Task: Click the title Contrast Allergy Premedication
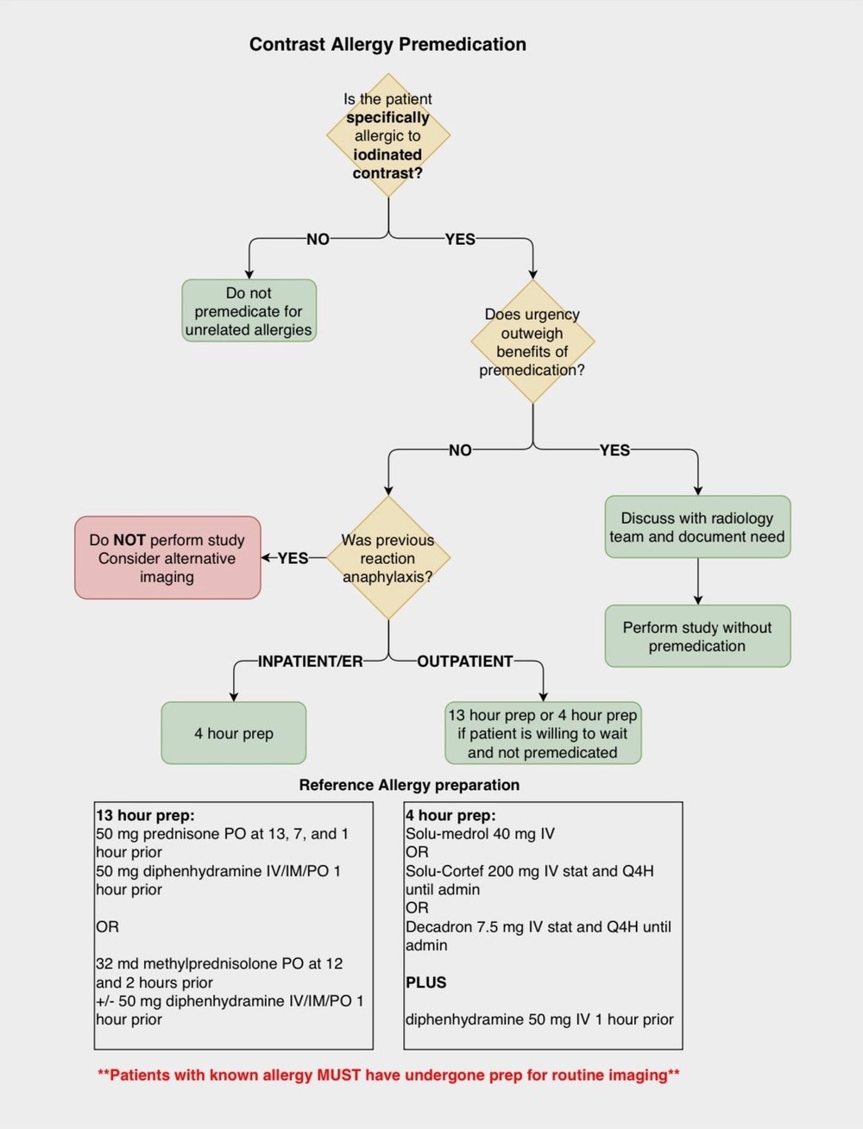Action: tap(387, 45)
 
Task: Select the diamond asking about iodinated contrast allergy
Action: tap(388, 135)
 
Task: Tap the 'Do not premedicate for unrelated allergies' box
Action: tap(249, 311)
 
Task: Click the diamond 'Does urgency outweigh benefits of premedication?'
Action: tap(532, 342)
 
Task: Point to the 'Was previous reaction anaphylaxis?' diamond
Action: tap(388, 558)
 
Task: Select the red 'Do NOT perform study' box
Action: tap(167, 558)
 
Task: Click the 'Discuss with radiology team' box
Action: tap(697, 527)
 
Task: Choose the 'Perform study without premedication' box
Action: tap(697, 637)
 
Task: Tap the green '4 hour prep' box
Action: tap(234, 733)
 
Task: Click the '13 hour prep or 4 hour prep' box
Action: tap(543, 733)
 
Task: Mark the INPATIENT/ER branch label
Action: tap(311, 662)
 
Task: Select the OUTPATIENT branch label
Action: tap(465, 662)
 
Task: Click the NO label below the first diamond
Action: tap(318, 239)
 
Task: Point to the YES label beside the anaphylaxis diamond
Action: tap(293, 558)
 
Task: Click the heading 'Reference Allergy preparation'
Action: tap(409, 785)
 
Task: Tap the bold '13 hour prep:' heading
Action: tap(145, 815)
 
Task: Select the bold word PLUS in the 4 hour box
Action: tap(426, 982)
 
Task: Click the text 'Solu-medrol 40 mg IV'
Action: tap(480, 834)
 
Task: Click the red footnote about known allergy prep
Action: tap(388, 1075)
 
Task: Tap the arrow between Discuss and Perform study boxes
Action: tap(697, 581)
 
